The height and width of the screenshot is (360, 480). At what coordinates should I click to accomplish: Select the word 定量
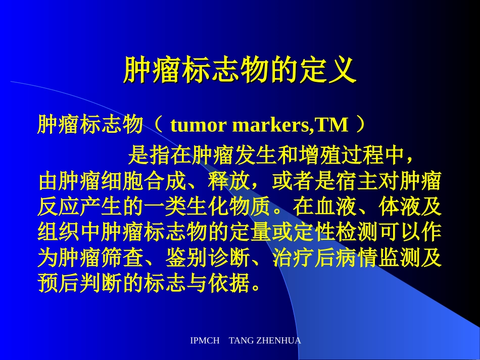[x=250, y=233]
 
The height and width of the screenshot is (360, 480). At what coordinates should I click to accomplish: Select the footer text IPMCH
[x=205, y=341]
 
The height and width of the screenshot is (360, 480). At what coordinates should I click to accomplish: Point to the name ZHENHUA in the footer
[x=279, y=341]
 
